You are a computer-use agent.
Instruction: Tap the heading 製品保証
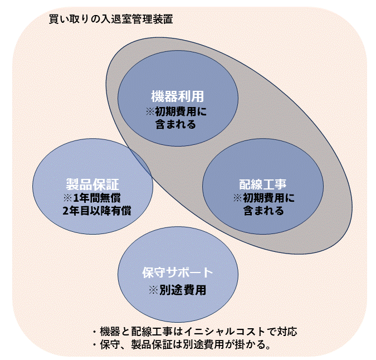92,184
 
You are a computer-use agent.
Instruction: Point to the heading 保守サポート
177,273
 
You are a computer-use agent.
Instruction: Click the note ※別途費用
177,290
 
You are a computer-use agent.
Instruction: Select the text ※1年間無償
92,198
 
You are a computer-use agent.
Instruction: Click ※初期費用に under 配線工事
263,198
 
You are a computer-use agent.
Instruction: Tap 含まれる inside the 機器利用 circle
175,124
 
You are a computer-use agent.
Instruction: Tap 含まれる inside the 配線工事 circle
263,211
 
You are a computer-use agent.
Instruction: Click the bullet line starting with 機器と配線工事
197,331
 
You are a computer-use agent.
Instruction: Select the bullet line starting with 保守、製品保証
182,345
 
